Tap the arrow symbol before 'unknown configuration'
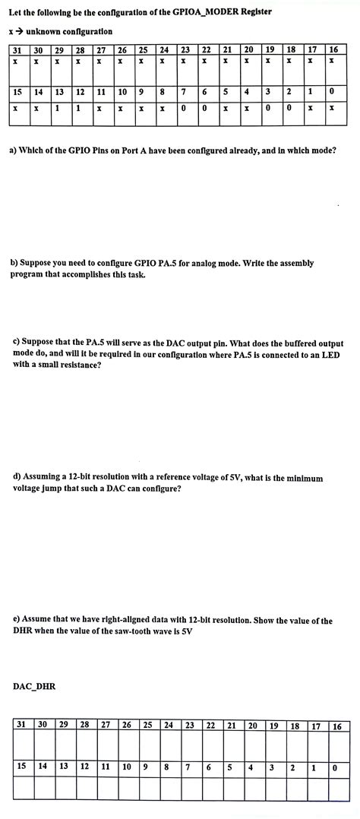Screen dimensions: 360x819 tap(17, 31)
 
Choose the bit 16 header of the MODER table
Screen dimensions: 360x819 tap(333, 49)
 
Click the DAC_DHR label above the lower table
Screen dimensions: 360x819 tap(34, 687)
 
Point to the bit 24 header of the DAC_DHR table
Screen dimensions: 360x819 tap(169, 726)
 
